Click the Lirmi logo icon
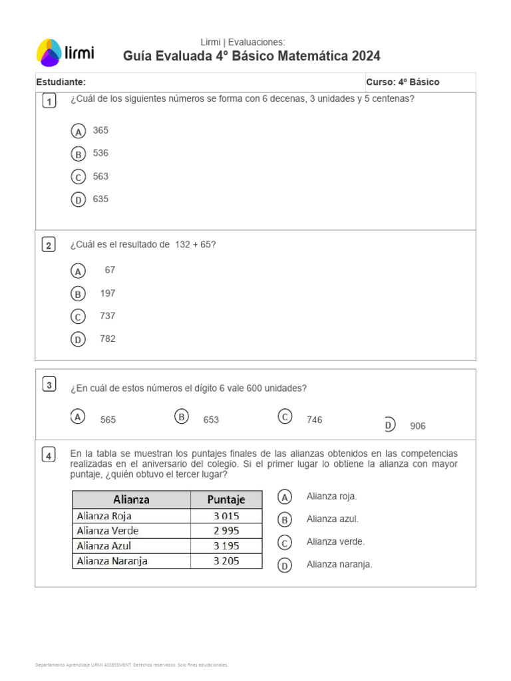click(x=49, y=53)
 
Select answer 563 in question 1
click(x=100, y=176)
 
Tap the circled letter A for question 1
click(x=79, y=132)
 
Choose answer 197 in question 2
click(x=108, y=293)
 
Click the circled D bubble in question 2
click(x=78, y=340)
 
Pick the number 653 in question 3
click(x=211, y=420)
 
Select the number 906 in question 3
click(x=418, y=426)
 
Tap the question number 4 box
click(x=49, y=456)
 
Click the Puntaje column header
click(x=226, y=499)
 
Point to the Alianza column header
click(x=131, y=499)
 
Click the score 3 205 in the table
click(x=226, y=561)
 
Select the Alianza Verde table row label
click(x=108, y=531)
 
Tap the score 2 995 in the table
click(x=226, y=531)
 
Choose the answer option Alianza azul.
click(x=332, y=519)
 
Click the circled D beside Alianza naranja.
click(x=284, y=566)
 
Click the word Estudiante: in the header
click(x=61, y=82)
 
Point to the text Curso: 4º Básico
click(x=403, y=82)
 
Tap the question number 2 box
click(x=49, y=245)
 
